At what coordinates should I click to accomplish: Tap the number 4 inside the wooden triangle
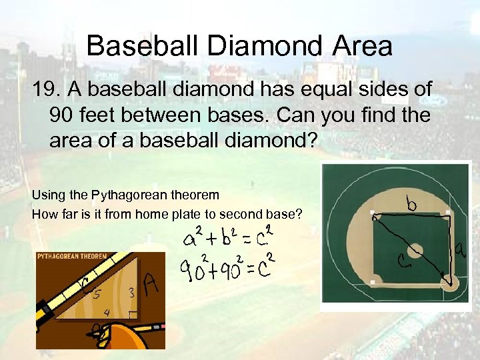(x=107, y=312)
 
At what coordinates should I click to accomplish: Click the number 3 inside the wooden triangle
(x=133, y=291)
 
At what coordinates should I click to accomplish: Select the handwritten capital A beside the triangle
(x=153, y=283)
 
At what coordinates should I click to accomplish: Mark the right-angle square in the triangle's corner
(x=134, y=313)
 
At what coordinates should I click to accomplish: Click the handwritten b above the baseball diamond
(x=411, y=203)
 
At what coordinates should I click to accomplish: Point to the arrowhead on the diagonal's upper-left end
(x=375, y=215)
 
